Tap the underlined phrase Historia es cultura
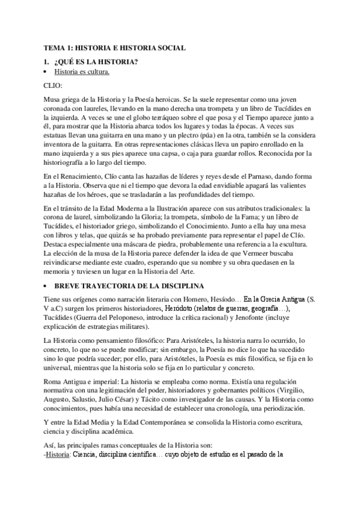(82, 72)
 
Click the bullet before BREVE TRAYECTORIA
(47, 284)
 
